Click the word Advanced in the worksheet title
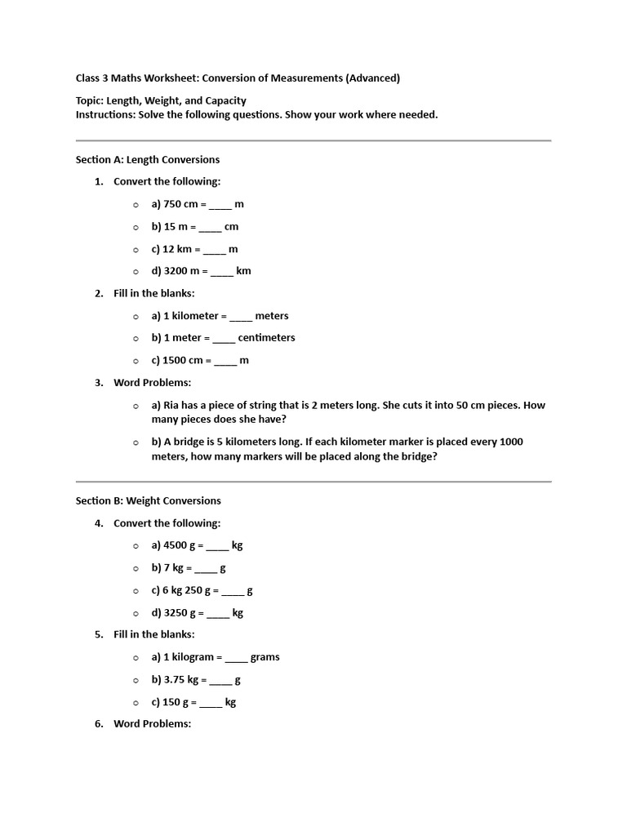tap(372, 78)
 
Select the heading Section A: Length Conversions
tap(148, 159)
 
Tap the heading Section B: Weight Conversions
tap(149, 500)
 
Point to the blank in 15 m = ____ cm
tap(210, 227)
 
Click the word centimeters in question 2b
tap(266, 338)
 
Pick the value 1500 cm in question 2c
tap(183, 360)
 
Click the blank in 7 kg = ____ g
tap(206, 568)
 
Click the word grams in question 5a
tap(265, 657)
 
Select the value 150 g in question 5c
tap(176, 702)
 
